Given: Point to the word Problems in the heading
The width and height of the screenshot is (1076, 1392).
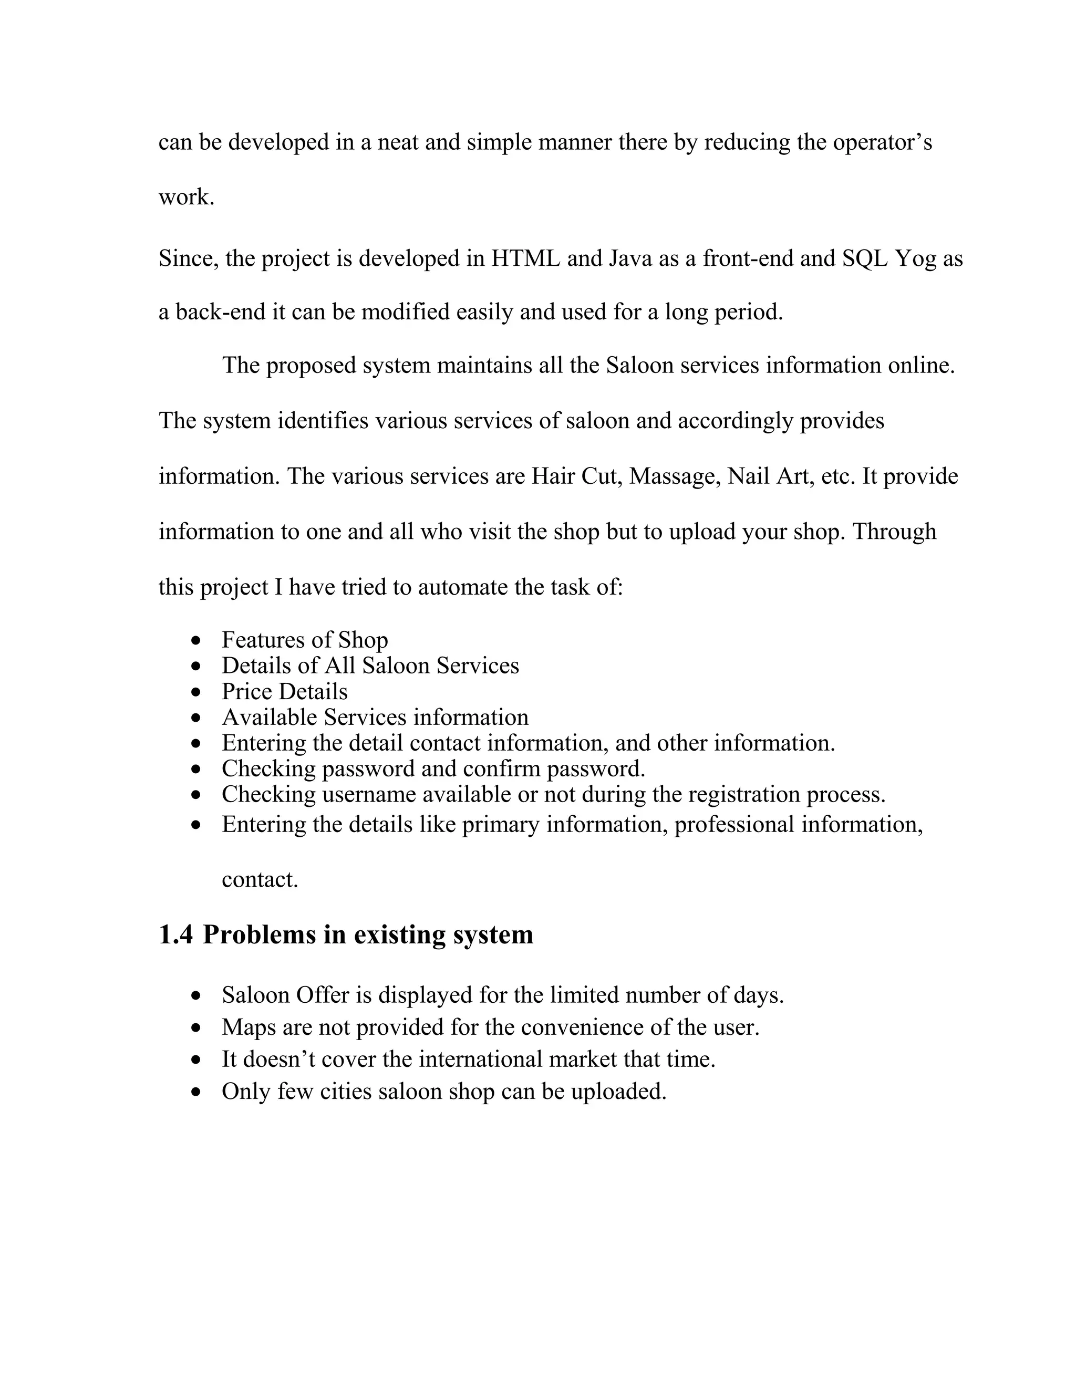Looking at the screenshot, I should pyautogui.click(x=260, y=935).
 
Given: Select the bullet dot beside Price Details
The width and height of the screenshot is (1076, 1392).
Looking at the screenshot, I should pyautogui.click(x=196, y=692).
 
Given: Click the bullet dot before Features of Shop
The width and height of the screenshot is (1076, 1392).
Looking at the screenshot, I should pyautogui.click(x=196, y=640).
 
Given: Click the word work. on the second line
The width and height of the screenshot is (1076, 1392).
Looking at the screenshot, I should pyautogui.click(x=186, y=197).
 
